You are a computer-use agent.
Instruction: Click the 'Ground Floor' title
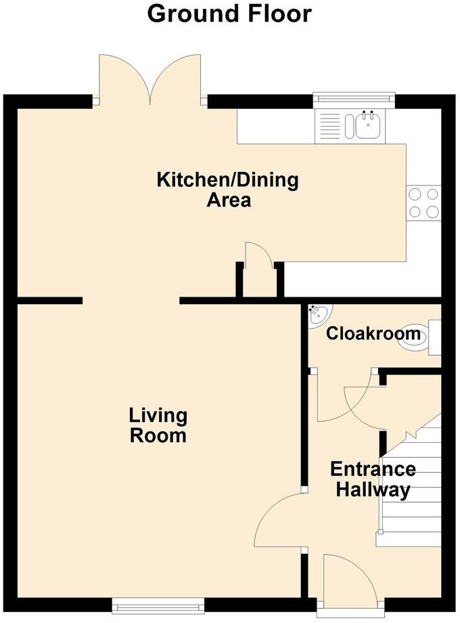229,14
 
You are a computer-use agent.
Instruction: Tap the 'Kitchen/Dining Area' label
228,190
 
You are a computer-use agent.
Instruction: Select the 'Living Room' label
158,425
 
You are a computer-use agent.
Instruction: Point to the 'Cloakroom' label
373,333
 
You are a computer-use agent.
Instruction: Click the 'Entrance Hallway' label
373,479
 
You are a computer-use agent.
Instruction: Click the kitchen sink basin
369,125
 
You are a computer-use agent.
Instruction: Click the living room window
158,606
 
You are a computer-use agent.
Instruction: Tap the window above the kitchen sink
354,100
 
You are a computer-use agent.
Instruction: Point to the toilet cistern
436,338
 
